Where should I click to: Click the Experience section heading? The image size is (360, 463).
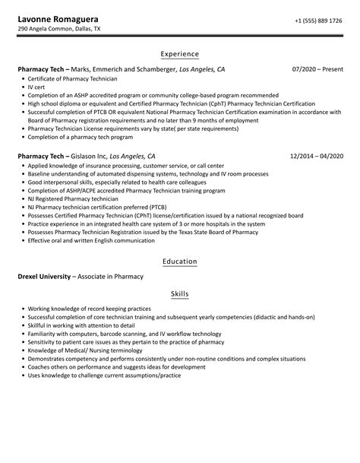point(180,54)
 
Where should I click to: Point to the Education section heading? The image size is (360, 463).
point(180,262)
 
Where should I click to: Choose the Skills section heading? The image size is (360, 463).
point(180,294)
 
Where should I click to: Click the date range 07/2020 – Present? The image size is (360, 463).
point(317,69)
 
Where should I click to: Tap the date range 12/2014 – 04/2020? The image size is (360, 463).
point(316,156)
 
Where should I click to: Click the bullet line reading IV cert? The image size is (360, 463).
point(38,88)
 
